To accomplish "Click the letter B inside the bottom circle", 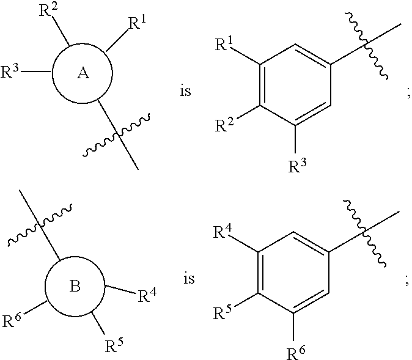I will (x=75, y=287).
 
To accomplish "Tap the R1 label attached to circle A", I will (x=136, y=25).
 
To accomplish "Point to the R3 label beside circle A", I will (x=12, y=72).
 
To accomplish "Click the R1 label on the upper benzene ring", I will (x=224, y=44).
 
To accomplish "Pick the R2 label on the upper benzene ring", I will (x=224, y=125).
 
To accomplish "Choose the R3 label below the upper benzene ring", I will (x=298, y=165).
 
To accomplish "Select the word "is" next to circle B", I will (x=189, y=279).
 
